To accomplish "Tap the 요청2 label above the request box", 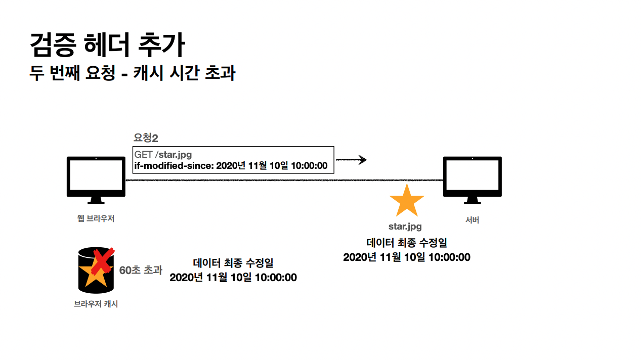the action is click(146, 138).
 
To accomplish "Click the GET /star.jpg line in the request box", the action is click(163, 154).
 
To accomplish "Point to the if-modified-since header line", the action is click(231, 166).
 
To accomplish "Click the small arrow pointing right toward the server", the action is click(351, 160).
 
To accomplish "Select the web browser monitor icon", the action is click(96, 176).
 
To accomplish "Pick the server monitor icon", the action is click(472, 176).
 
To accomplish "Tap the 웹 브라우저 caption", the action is click(96, 219).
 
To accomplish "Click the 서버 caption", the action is click(472, 220).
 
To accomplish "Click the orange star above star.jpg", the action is click(407, 201).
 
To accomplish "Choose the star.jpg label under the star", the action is click(405, 227).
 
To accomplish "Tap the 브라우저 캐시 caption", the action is click(96, 304).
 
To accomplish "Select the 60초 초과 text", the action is click(141, 271).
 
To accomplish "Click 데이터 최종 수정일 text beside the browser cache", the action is click(233, 263).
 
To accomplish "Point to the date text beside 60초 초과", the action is click(233, 278).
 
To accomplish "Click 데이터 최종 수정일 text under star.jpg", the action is click(407, 243).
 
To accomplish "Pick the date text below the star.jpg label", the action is click(407, 257).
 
